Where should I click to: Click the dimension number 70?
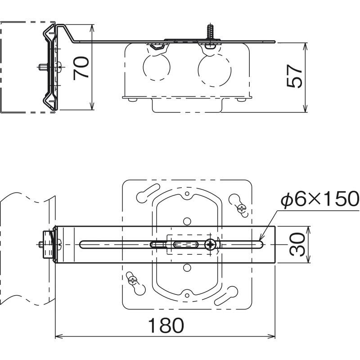(x=81, y=68)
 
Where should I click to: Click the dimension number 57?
(x=295, y=76)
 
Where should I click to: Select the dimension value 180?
(x=166, y=325)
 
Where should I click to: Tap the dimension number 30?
(x=297, y=244)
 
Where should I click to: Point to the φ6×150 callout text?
(x=320, y=199)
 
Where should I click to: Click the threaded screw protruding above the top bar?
(x=210, y=32)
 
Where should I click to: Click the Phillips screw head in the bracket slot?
(x=210, y=245)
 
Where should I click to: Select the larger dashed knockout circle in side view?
(x=214, y=70)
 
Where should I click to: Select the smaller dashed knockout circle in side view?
(x=157, y=67)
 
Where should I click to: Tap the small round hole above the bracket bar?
(x=187, y=221)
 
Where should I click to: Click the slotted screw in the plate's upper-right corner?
(x=242, y=208)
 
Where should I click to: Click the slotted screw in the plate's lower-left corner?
(x=133, y=279)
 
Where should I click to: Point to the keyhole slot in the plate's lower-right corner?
(x=227, y=296)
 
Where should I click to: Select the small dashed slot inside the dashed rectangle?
(x=186, y=244)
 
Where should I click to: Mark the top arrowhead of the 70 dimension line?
(x=92, y=27)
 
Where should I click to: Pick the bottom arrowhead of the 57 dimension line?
(x=305, y=109)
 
